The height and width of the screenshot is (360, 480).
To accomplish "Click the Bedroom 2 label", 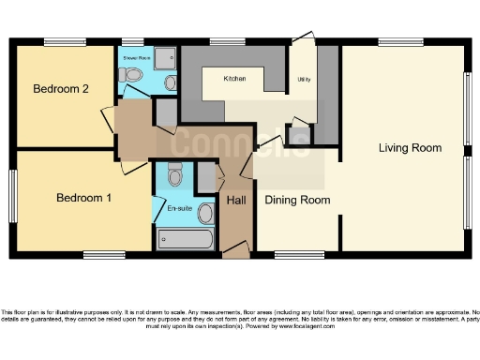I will coord(61,89).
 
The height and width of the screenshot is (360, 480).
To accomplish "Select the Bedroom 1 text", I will coord(83,198).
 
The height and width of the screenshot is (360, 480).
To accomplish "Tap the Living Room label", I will coord(410,147).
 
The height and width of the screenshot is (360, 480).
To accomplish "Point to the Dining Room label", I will coord(297,200).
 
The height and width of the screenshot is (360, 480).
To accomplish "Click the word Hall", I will coord(237,201).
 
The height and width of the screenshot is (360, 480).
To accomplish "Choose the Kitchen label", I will coord(234,80).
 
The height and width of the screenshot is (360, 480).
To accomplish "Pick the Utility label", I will coord(304,80).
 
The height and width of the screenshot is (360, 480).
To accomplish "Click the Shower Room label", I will coord(137,58).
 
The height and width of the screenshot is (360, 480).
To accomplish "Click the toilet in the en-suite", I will coord(174,175).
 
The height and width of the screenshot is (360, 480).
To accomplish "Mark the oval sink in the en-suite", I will coord(205,214).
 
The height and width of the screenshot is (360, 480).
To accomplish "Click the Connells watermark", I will coord(242,142).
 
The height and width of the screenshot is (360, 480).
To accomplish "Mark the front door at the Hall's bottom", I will coord(237,250).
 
